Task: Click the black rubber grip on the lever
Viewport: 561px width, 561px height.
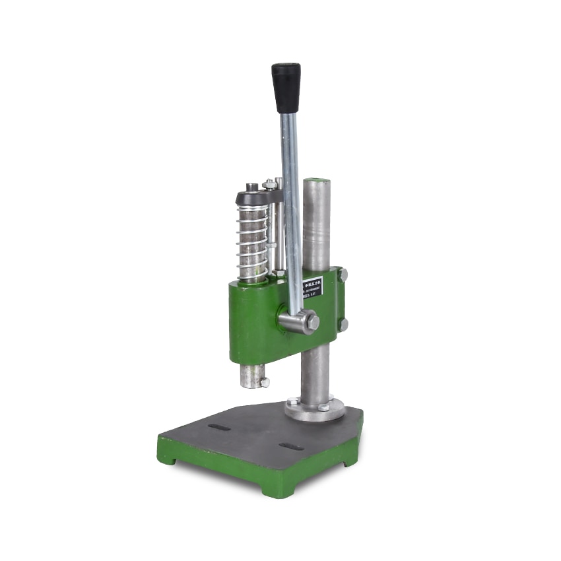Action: (x=286, y=87)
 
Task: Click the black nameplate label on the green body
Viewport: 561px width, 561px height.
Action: (x=312, y=287)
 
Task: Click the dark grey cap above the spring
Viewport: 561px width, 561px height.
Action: (x=255, y=197)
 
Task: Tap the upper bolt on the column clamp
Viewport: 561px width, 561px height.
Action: (x=343, y=274)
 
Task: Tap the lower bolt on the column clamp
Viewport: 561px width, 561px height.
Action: (x=343, y=324)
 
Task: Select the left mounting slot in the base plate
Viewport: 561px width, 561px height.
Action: (x=219, y=427)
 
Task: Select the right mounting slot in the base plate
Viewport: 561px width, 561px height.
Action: (x=291, y=447)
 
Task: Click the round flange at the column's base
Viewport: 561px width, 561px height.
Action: (x=315, y=409)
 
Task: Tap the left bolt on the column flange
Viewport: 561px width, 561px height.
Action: (x=292, y=401)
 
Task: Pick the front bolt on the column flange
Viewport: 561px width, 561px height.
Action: (x=323, y=408)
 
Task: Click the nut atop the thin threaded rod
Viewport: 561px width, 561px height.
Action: (x=269, y=184)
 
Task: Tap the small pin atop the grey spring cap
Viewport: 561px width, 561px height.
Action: (x=251, y=187)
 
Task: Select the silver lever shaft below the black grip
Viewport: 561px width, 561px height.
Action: (x=290, y=198)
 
